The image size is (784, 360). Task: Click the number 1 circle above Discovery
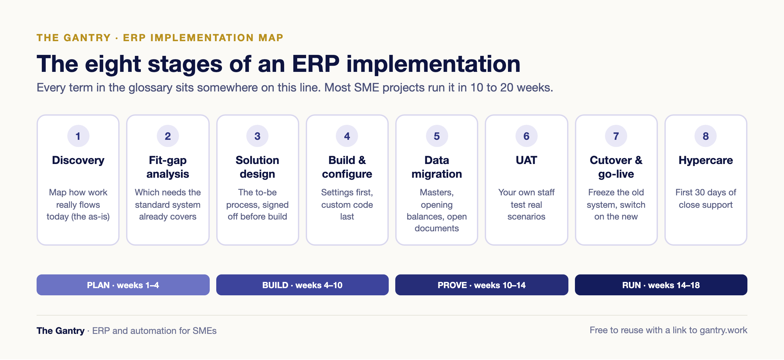click(x=78, y=136)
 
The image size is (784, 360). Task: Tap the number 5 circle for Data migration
click(x=437, y=136)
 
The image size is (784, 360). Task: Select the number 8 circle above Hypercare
click(x=706, y=136)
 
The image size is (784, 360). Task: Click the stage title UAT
click(x=526, y=160)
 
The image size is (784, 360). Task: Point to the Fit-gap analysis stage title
click(x=168, y=167)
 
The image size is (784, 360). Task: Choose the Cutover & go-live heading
click(x=616, y=167)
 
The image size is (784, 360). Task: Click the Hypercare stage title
click(x=706, y=160)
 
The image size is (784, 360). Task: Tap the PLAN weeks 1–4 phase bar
click(x=123, y=285)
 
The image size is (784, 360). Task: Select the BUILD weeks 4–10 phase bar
click(x=302, y=285)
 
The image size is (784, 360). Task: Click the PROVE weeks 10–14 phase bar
click(x=482, y=285)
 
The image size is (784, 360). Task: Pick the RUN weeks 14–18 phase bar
click(x=661, y=285)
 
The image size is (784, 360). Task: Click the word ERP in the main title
click(x=316, y=64)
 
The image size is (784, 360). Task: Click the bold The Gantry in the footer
click(x=60, y=331)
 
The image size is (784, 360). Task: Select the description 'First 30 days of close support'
click(x=706, y=199)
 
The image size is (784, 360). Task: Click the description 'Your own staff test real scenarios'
click(x=526, y=205)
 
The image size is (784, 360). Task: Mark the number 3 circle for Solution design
click(x=257, y=136)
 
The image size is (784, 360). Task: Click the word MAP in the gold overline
click(x=271, y=38)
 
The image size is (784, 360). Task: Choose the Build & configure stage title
click(x=347, y=167)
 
